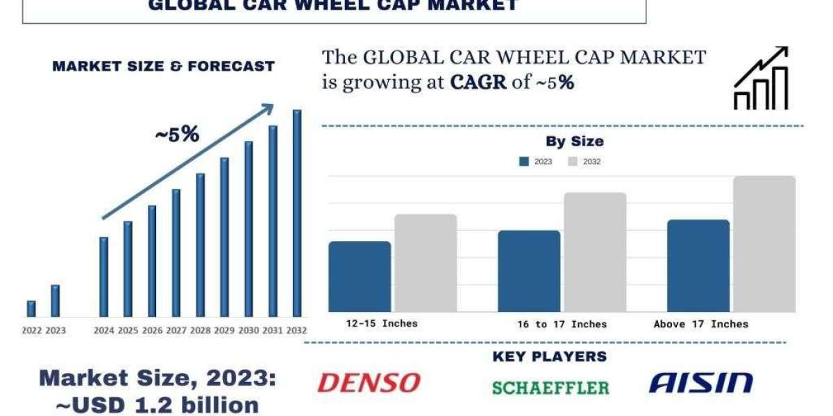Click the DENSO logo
pyautogui.click(x=369, y=383)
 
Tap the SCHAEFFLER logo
pyautogui.click(x=550, y=387)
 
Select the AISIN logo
pyautogui.click(x=700, y=382)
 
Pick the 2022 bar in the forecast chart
pyautogui.click(x=31, y=309)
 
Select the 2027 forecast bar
pyautogui.click(x=176, y=253)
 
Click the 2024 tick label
pyautogui.click(x=103, y=331)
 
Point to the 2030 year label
pyautogui.click(x=249, y=331)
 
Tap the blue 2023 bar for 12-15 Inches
pyautogui.click(x=360, y=277)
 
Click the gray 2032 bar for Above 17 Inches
pyautogui.click(x=764, y=244)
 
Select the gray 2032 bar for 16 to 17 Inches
pyautogui.click(x=595, y=252)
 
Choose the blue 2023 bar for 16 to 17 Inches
pyautogui.click(x=529, y=271)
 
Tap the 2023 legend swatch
pyautogui.click(x=524, y=162)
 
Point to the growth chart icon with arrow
pyautogui.click(x=762, y=78)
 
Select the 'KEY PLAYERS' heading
pyautogui.click(x=549, y=356)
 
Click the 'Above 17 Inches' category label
pyautogui.click(x=700, y=324)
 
